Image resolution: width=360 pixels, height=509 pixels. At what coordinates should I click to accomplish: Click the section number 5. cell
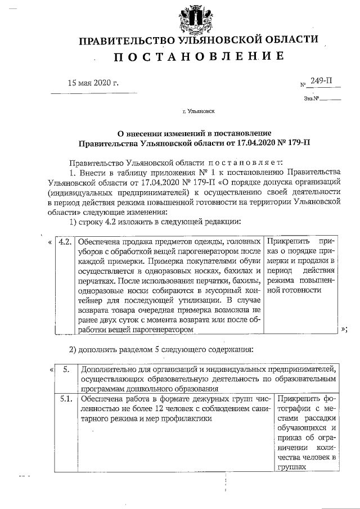[x=66, y=370]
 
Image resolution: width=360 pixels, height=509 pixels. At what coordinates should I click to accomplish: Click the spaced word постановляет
[x=237, y=161]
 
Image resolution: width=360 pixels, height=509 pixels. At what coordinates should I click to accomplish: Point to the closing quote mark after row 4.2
[x=344, y=330]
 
